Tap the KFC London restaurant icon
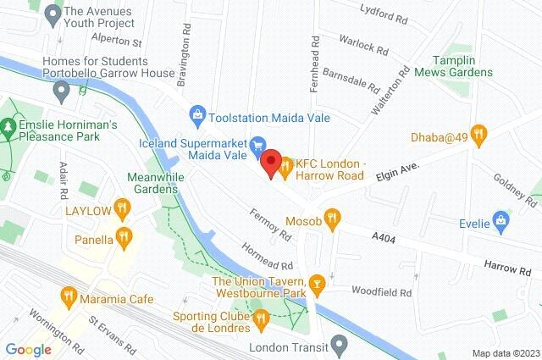(x=286, y=167)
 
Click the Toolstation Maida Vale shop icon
(x=197, y=113)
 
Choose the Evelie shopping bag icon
(x=503, y=224)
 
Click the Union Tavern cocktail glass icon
(x=318, y=281)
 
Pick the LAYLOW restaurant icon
(x=123, y=206)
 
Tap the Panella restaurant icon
(x=124, y=236)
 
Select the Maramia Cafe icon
(x=69, y=295)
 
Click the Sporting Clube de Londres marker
(x=259, y=319)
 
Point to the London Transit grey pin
(x=340, y=345)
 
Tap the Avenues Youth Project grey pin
(x=53, y=13)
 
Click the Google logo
(x=29, y=349)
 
